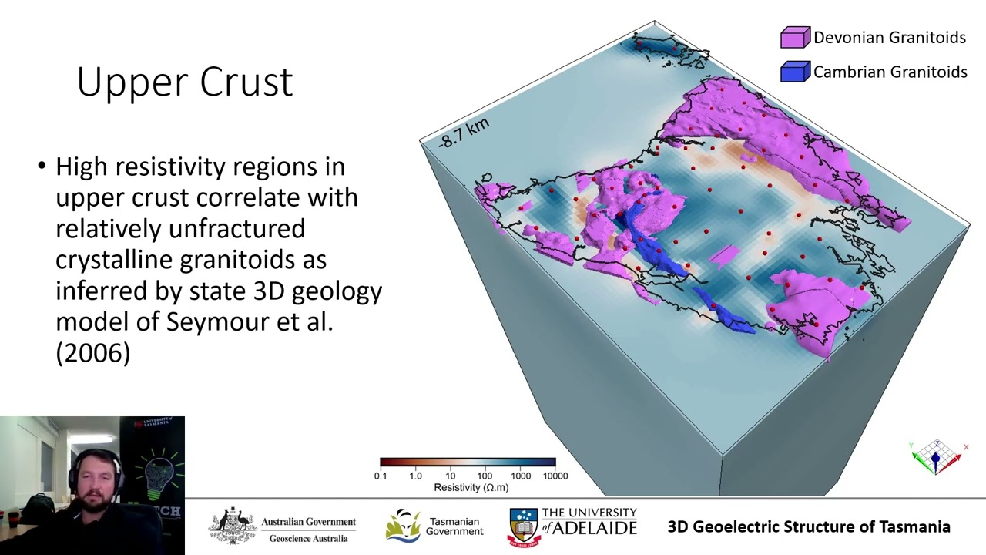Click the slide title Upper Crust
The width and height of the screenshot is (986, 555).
(x=185, y=82)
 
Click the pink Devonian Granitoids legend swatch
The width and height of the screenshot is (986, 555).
(x=795, y=37)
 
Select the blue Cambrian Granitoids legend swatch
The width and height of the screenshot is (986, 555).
(x=795, y=72)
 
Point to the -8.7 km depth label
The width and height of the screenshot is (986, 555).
(x=464, y=133)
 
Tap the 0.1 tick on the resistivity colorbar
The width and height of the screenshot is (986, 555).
(x=381, y=476)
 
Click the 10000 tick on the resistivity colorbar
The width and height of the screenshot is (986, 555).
(x=555, y=476)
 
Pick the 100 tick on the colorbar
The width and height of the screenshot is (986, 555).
(x=485, y=476)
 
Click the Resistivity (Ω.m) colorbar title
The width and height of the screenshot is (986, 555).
(x=471, y=487)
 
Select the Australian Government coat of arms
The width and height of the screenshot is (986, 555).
(x=233, y=526)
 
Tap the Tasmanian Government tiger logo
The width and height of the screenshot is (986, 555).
(x=403, y=526)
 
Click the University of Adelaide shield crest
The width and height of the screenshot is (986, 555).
(x=523, y=526)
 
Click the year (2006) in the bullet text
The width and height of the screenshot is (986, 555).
(x=92, y=353)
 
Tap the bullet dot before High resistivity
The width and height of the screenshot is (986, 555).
(x=42, y=166)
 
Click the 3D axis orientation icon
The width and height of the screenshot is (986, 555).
(x=937, y=458)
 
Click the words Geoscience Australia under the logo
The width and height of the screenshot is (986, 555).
(x=308, y=538)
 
